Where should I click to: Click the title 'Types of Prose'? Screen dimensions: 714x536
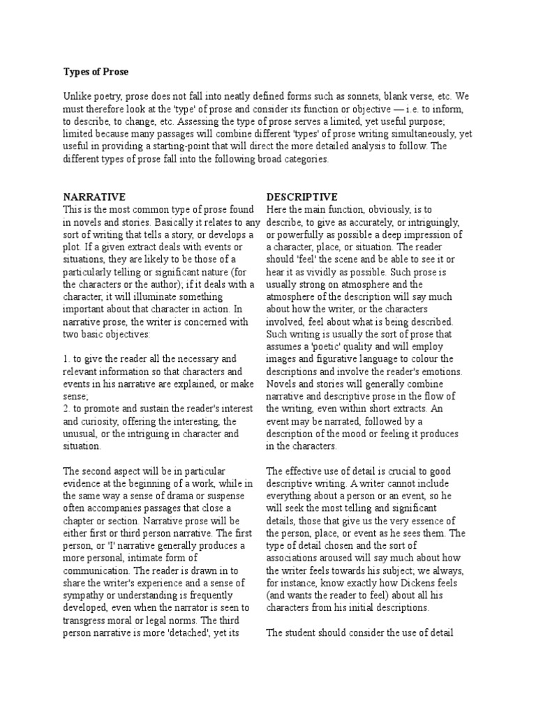(x=96, y=71)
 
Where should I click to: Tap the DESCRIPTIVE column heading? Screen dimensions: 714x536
(x=302, y=197)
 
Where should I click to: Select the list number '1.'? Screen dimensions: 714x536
(x=67, y=358)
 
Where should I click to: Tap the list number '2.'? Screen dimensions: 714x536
(x=67, y=409)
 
